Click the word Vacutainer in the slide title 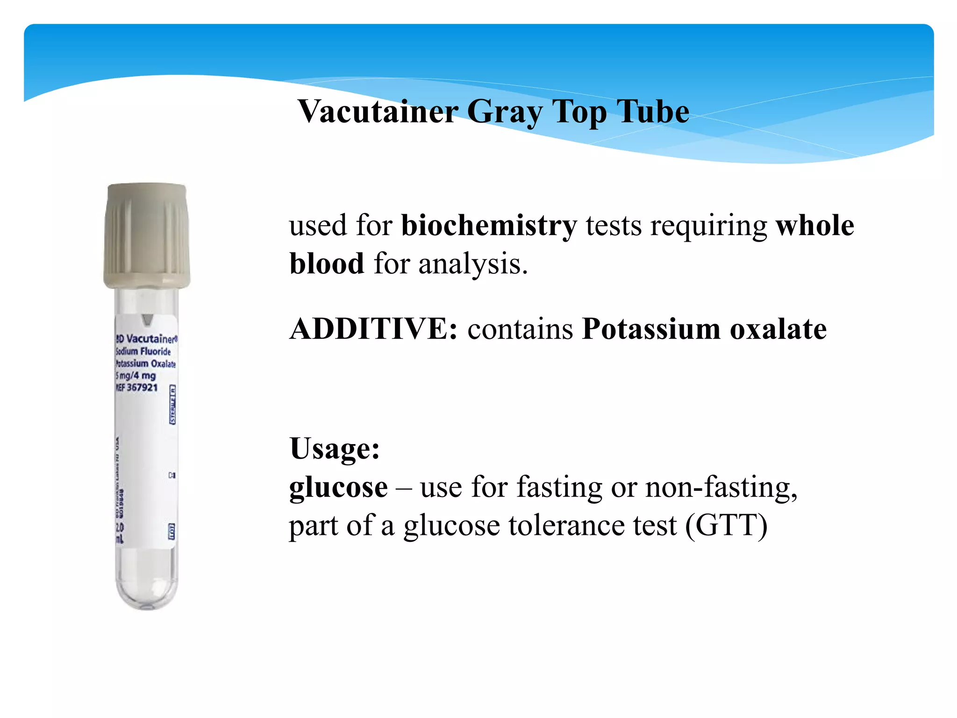(378, 112)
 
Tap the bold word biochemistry (489, 226)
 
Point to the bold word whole (814, 226)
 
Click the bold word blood (327, 264)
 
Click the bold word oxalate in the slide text (778, 329)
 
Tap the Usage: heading (335, 449)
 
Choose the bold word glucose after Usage (338, 488)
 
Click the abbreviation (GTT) (726, 526)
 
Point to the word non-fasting (721, 487)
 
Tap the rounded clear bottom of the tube (147, 589)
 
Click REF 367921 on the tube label (137, 388)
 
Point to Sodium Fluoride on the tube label (143, 352)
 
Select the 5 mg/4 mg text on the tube (136, 376)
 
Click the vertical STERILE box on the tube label (172, 405)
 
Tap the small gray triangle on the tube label (148, 320)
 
